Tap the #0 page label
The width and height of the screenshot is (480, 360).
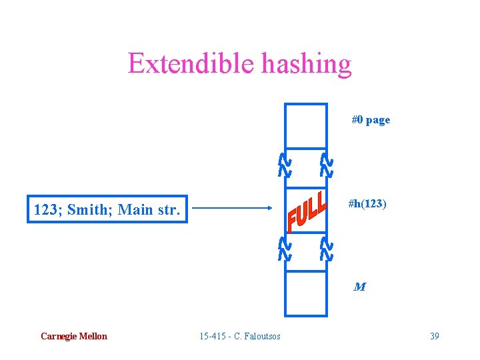371,120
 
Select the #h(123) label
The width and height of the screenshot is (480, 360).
367,203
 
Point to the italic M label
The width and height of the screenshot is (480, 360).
359,287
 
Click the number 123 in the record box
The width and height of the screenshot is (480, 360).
45,211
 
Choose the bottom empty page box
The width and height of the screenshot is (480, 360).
306,293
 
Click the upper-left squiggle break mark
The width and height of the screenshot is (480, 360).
284,165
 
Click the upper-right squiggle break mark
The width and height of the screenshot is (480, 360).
326,165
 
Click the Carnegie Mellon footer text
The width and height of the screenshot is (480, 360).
73,336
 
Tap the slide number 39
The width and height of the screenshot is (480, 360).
435,336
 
